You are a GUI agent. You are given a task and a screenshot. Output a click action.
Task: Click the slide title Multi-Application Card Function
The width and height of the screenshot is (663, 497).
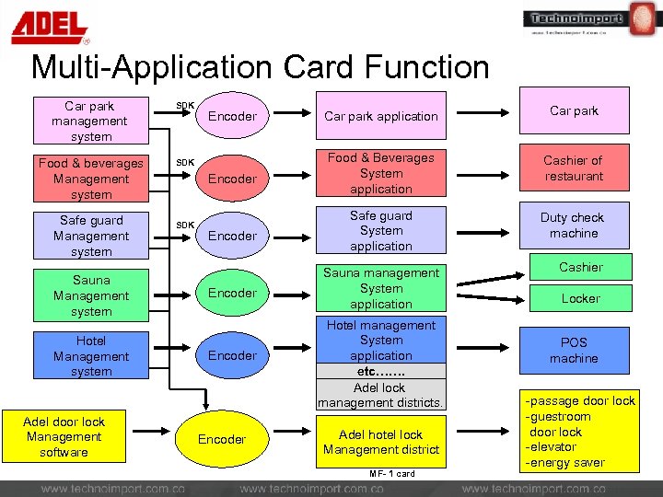coord(260,67)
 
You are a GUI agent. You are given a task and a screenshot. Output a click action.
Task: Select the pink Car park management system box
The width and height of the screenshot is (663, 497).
coord(89,121)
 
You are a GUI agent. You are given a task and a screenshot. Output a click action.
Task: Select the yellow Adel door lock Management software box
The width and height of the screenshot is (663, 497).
coord(64,437)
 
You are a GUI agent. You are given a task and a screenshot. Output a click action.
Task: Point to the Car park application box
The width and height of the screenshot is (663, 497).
coord(381,116)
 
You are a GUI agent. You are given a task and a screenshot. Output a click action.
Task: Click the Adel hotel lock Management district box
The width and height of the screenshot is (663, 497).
coord(381,442)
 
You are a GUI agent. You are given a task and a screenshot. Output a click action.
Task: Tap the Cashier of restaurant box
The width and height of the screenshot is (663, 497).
coord(574,168)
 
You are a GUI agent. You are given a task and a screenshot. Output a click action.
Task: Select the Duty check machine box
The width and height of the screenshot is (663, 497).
coord(573,225)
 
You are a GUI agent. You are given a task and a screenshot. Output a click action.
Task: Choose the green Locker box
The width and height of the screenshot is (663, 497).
coord(580,298)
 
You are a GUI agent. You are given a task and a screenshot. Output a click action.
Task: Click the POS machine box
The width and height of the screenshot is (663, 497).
coord(574,351)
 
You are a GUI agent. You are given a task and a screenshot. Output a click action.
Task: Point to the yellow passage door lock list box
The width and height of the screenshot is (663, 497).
coord(580,432)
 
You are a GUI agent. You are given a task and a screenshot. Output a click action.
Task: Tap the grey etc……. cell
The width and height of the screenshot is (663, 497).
coord(381,371)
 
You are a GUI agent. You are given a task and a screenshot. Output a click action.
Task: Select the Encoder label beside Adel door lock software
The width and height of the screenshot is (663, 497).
coord(222,440)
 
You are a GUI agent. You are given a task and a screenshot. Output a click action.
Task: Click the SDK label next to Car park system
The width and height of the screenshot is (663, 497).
coord(185,105)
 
